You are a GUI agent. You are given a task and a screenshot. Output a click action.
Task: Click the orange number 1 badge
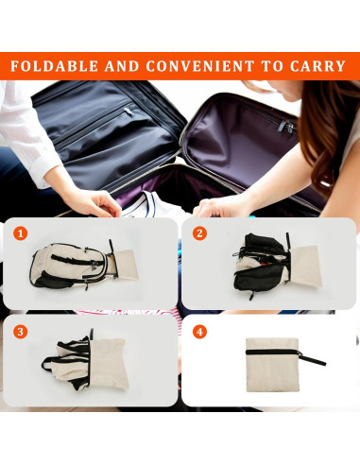(20, 232)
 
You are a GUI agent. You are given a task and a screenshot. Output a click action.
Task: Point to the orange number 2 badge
(199, 232)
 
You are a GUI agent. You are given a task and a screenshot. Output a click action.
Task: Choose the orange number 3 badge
(20, 332)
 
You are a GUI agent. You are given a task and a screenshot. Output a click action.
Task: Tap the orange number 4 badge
(199, 332)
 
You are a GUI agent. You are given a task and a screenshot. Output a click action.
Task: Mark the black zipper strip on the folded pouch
(268, 352)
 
